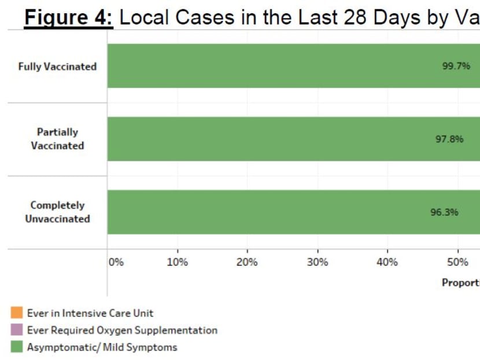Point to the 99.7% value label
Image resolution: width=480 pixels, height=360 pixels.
(456, 66)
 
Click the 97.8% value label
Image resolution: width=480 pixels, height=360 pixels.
(449, 139)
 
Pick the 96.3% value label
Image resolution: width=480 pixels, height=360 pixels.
(444, 212)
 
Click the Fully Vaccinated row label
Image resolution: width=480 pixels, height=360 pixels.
(57, 67)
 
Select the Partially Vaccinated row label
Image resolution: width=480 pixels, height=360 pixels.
(57, 139)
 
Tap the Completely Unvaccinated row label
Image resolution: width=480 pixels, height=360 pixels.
(57, 212)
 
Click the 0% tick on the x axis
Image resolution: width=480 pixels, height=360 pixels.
(116, 262)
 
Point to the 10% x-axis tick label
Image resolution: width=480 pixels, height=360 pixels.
(177, 262)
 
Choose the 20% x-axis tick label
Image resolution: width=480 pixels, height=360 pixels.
(247, 262)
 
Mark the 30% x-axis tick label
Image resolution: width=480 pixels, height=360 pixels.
(317, 262)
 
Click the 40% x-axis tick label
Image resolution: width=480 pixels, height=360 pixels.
(387, 262)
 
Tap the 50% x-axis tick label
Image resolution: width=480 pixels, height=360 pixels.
(457, 262)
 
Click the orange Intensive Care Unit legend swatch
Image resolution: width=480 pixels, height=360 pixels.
(17, 313)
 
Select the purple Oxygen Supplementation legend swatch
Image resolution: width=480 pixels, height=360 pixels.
(17, 330)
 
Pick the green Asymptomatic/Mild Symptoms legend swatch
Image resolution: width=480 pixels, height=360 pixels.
(17, 347)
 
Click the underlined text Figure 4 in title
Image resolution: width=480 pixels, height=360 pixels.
(68, 17)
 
